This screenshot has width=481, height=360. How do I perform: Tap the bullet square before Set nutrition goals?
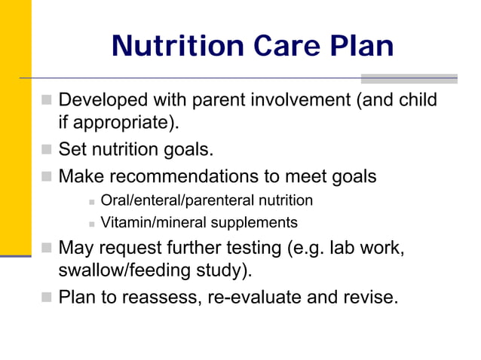(47, 149)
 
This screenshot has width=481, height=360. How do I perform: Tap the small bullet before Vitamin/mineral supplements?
(90, 223)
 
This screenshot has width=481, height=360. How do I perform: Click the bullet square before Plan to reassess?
(47, 297)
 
